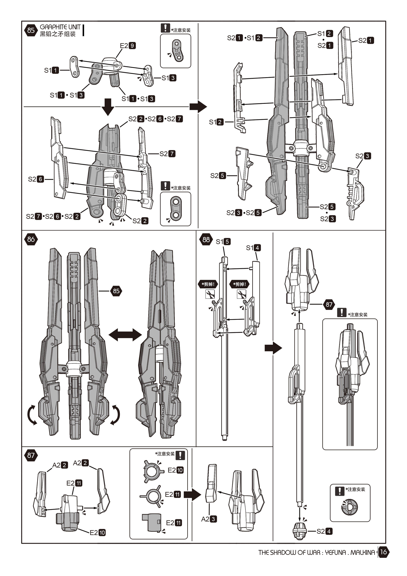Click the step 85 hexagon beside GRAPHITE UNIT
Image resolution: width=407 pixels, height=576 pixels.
click(x=31, y=30)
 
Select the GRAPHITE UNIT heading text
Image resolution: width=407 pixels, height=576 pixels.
click(x=60, y=27)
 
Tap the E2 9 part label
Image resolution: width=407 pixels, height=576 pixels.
click(x=128, y=46)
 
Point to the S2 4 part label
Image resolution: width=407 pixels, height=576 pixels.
click(x=325, y=531)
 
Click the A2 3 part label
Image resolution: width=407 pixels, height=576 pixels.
click(x=209, y=519)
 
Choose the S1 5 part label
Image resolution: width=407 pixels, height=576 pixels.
click(x=223, y=242)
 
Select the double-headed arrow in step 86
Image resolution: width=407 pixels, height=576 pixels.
click(x=125, y=335)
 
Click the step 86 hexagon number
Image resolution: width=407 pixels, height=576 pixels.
click(x=31, y=239)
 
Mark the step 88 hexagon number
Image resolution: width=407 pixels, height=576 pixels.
click(x=206, y=240)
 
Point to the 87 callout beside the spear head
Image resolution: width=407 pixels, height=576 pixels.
click(x=329, y=305)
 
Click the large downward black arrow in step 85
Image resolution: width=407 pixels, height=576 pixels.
click(x=108, y=107)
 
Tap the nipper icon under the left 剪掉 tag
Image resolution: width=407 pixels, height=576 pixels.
click(x=210, y=294)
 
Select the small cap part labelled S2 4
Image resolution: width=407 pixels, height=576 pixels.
click(x=300, y=531)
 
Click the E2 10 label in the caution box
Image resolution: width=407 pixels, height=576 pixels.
click(x=175, y=470)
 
